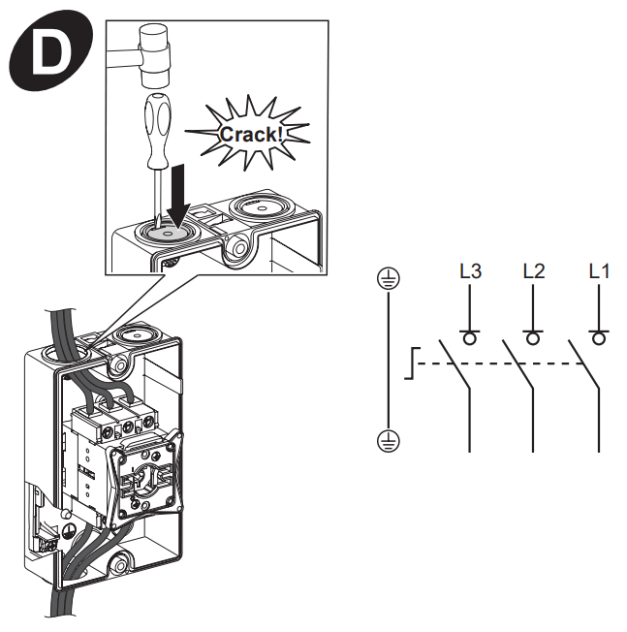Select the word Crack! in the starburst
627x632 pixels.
coord(251,134)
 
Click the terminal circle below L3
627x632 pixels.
coord(470,337)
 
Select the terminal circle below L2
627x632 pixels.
coord(533,337)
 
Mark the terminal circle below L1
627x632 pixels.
coord(599,337)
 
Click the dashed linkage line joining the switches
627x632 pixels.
coord(504,363)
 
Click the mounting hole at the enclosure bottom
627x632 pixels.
coord(119,561)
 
